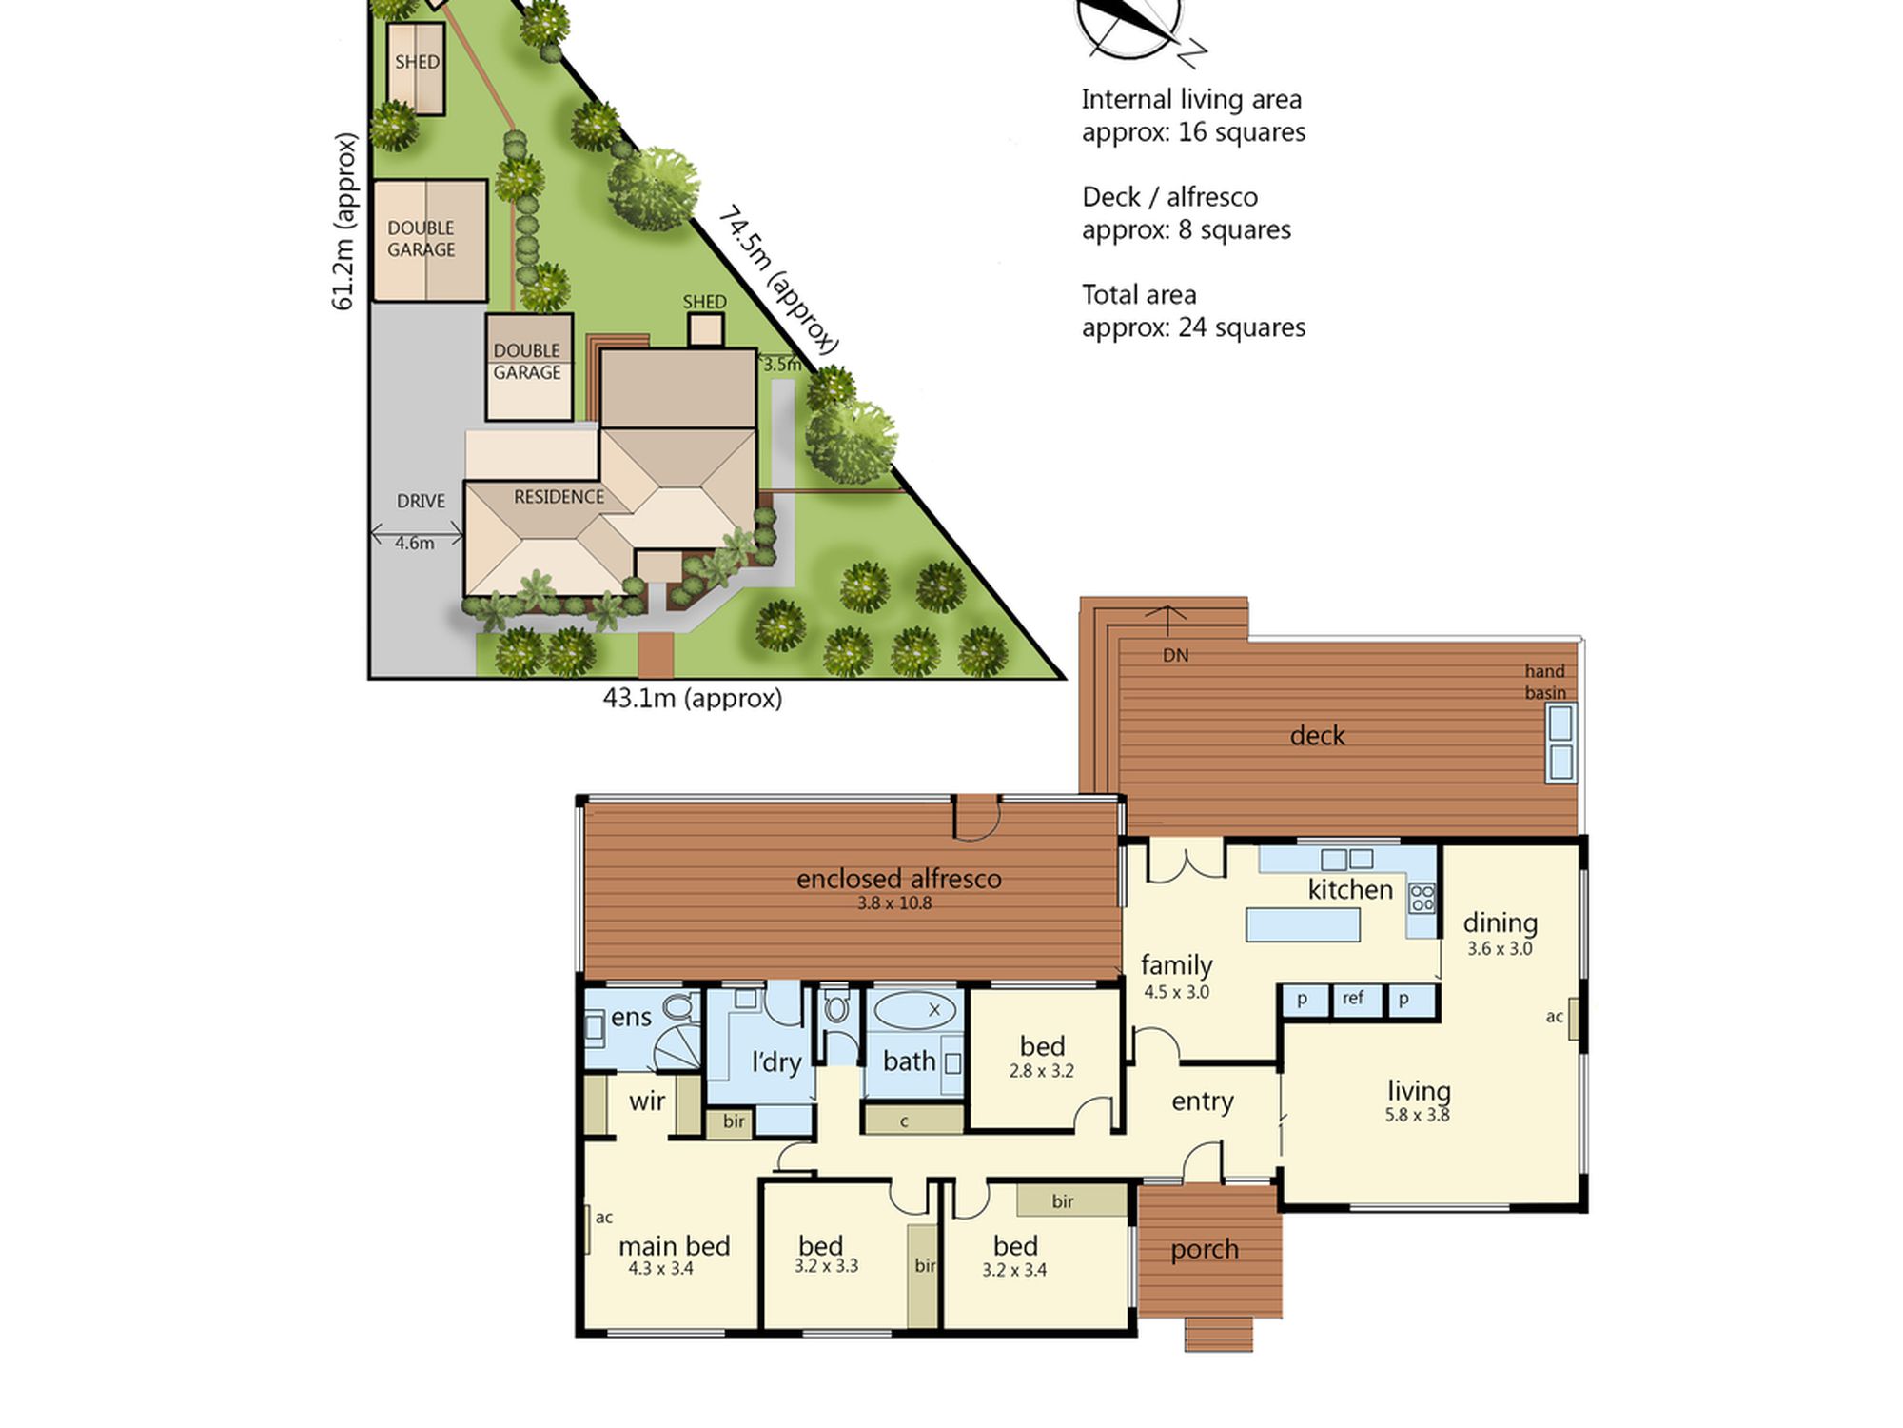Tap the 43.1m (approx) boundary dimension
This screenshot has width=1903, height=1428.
click(693, 699)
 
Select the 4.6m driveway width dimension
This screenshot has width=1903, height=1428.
click(415, 543)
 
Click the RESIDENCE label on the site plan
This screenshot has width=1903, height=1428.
click(559, 497)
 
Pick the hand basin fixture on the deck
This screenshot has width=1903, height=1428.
click(1560, 743)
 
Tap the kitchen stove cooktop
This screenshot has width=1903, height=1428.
click(1422, 898)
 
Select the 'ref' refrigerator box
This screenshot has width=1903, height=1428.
click(1353, 999)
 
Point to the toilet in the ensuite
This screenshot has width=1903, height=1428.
click(678, 1007)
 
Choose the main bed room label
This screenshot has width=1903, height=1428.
click(675, 1245)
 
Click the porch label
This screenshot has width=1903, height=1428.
click(1205, 1250)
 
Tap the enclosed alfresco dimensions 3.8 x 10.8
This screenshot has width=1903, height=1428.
click(894, 903)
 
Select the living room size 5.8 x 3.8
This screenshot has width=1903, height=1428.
click(1418, 1115)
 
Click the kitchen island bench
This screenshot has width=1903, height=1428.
click(1303, 924)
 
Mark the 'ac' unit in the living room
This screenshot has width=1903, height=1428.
click(1574, 1018)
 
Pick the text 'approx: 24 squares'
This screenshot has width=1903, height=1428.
click(1194, 328)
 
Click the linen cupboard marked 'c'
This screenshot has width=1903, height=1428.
click(913, 1121)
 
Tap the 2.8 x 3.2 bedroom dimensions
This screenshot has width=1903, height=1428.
click(1042, 1071)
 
